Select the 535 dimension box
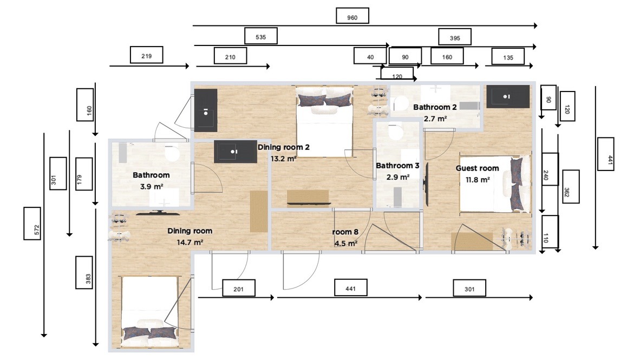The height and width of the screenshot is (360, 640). pyautogui.click(x=261, y=36)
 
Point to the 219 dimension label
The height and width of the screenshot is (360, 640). pyautogui.click(x=147, y=55)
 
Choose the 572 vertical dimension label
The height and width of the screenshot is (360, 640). pyautogui.click(x=32, y=223)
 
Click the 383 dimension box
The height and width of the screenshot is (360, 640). pyautogui.click(x=84, y=273)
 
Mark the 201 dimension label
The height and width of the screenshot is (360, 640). pyautogui.click(x=239, y=288)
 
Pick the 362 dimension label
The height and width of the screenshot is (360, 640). pyautogui.click(x=571, y=187)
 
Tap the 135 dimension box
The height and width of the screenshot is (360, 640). pyautogui.click(x=508, y=57)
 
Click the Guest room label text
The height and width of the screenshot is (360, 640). pyautogui.click(x=477, y=168)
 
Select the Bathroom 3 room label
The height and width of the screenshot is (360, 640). pyautogui.click(x=397, y=166)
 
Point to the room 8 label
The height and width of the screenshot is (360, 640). pyautogui.click(x=345, y=232)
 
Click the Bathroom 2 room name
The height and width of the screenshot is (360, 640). pyautogui.click(x=435, y=107)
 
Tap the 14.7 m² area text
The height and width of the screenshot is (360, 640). pyautogui.click(x=190, y=243)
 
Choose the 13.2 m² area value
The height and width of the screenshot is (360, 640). pyautogui.click(x=283, y=159)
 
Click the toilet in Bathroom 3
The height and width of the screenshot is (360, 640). pyautogui.click(x=395, y=132)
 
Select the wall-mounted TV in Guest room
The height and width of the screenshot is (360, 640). pyautogui.click(x=427, y=185)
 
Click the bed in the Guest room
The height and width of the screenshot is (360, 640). pyautogui.click(x=495, y=184)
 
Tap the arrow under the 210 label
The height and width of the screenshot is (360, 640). pyautogui.click(x=233, y=66)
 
